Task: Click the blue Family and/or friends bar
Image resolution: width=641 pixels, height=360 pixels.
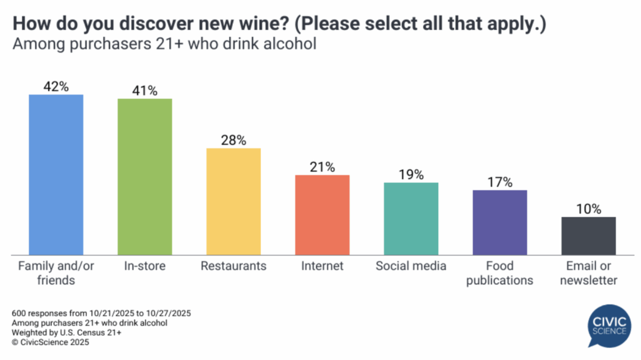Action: pyautogui.click(x=56, y=175)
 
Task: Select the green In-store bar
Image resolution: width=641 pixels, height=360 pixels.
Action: pyautogui.click(x=145, y=177)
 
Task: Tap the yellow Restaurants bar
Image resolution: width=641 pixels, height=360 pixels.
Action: pyautogui.click(x=233, y=202)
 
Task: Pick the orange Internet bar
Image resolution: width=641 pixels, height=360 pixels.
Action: pyautogui.click(x=322, y=215)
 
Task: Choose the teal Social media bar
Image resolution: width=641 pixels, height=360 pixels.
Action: pyautogui.click(x=411, y=219)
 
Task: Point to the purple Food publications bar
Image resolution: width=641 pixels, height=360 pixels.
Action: pyautogui.click(x=500, y=222)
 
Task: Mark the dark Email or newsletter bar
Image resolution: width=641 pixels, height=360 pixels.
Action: pyautogui.click(x=588, y=235)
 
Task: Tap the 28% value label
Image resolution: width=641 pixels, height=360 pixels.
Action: pyautogui.click(x=233, y=140)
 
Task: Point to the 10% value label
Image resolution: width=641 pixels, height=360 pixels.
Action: pyautogui.click(x=588, y=209)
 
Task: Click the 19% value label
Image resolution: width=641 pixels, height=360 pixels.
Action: pyautogui.click(x=411, y=175)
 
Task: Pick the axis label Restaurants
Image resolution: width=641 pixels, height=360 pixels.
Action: pyautogui.click(x=233, y=266)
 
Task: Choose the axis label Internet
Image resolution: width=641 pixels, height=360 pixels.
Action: pyautogui.click(x=322, y=266)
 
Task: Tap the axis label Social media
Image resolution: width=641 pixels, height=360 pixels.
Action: pyautogui.click(x=411, y=266)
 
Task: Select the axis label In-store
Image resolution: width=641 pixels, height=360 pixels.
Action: pyautogui.click(x=145, y=266)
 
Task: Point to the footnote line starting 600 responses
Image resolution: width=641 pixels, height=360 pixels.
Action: pyautogui.click(x=101, y=313)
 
